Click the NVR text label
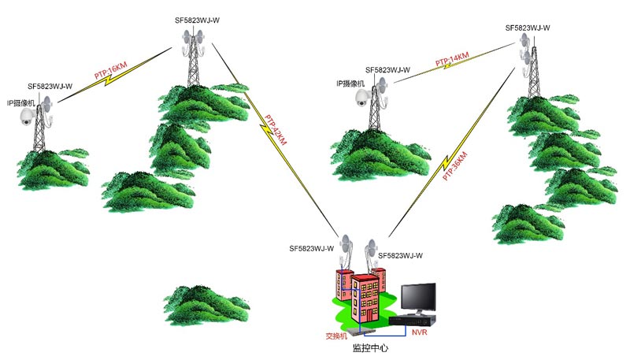coord(419,334)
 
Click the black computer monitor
coord(417,298)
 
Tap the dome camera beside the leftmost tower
coord(25,117)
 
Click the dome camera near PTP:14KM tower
coord(361,97)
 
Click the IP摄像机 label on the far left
coord(22,102)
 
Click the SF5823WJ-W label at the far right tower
coord(528,28)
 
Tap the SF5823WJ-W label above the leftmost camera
coord(50,86)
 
